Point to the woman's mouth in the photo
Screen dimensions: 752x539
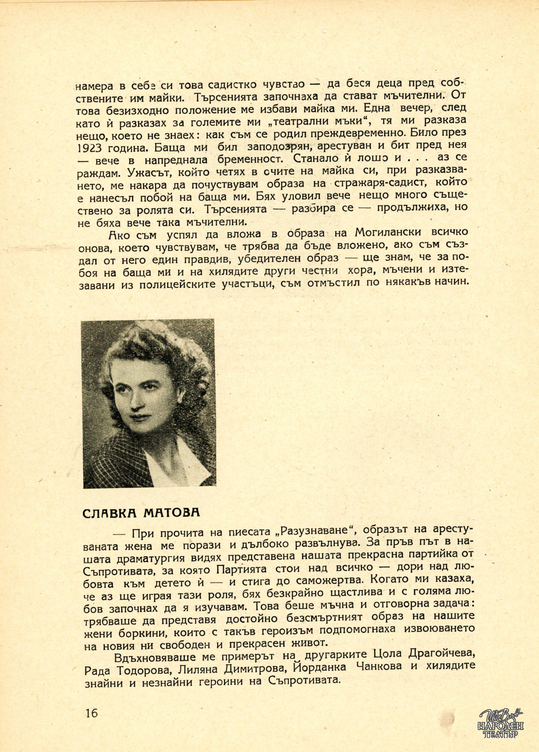137,422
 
